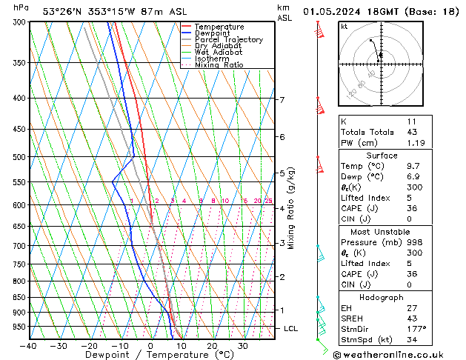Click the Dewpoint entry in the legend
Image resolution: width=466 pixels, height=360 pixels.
point(212,33)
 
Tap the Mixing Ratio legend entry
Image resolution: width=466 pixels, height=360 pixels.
point(219,65)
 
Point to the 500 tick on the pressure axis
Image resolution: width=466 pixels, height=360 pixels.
point(16,157)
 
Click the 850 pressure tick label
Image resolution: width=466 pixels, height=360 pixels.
point(16,297)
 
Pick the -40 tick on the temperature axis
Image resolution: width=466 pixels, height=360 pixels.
point(29,346)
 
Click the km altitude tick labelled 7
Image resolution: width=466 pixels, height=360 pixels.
point(282,100)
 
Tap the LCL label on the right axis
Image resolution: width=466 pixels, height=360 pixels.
point(291,328)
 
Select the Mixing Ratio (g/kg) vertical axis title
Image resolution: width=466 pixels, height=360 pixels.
point(292,208)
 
